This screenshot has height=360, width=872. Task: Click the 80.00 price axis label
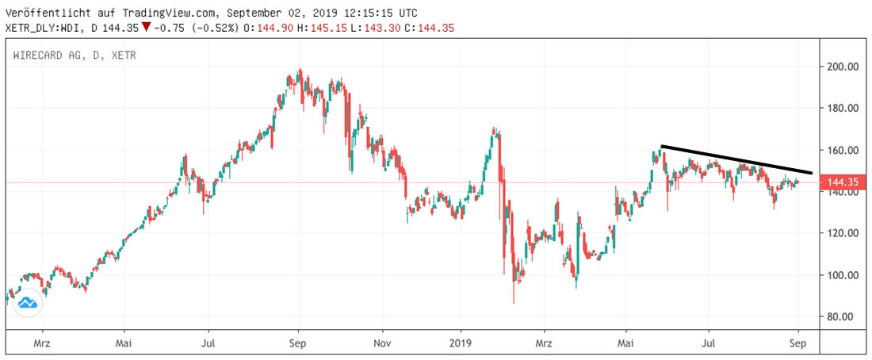(841, 316)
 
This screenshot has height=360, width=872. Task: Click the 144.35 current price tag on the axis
(843, 182)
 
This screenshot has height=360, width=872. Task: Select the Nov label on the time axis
(381, 343)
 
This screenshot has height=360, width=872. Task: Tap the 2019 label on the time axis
(461, 343)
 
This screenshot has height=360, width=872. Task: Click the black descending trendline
(737, 159)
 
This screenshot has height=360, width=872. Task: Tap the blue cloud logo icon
(29, 302)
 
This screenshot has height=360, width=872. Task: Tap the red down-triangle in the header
(146, 28)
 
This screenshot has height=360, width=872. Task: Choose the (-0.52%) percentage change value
(209, 28)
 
